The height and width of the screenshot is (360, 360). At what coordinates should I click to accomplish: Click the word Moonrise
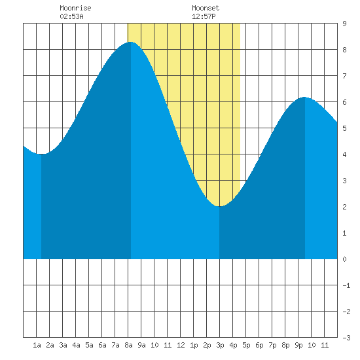coord(75,8)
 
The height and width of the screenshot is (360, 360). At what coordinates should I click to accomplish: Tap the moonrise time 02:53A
coord(71,16)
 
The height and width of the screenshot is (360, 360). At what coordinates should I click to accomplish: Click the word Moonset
coord(206,8)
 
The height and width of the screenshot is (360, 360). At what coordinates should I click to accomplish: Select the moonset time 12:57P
coord(204,16)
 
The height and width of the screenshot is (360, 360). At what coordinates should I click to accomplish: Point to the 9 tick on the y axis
coord(344,24)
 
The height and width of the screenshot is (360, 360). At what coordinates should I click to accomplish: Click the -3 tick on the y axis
coord(346,338)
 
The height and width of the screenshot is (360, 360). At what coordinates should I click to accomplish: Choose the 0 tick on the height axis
coord(344,259)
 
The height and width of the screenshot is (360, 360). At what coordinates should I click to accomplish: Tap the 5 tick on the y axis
coord(344,128)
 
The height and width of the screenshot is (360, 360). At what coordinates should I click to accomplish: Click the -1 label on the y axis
coord(346,285)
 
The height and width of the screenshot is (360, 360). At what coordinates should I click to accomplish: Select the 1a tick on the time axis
coord(37,345)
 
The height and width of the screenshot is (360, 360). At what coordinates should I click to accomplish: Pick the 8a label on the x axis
coord(128,345)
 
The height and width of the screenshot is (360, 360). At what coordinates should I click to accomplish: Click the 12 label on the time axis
coord(181,345)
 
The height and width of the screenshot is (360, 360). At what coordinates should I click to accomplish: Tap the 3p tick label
coord(220,345)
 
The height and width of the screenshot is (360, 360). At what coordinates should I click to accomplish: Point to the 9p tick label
coord(298,345)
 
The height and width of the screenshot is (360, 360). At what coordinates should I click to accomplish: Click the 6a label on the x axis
coord(102,345)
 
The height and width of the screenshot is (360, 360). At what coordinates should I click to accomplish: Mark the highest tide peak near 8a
coord(131,42)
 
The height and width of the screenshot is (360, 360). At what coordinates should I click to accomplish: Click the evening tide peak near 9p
coord(304,97)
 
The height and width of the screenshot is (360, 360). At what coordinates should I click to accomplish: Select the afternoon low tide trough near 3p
coord(219,206)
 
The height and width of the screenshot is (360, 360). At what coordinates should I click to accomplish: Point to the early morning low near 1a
coord(41,154)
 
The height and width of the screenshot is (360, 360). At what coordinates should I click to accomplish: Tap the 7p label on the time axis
coord(272,345)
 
